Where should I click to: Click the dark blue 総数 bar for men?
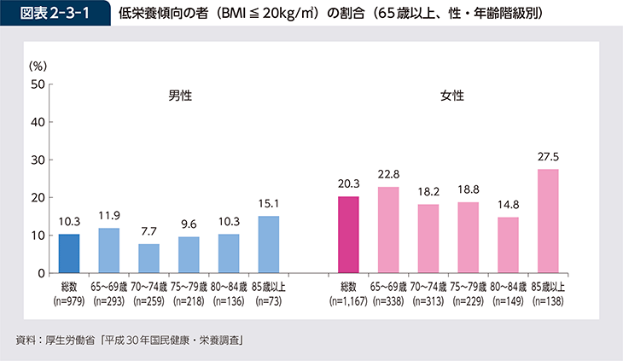[x=69, y=253]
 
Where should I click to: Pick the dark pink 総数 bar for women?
[x=349, y=235]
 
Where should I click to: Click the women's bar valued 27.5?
[x=547, y=221]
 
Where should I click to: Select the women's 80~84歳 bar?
[x=508, y=245]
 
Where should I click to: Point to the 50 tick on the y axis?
[x=38, y=84]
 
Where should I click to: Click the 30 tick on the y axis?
[x=38, y=160]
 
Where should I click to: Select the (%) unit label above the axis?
[x=38, y=65]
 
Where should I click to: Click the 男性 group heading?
[x=180, y=96]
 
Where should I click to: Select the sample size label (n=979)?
[x=69, y=300]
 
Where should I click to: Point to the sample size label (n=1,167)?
[x=349, y=300]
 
